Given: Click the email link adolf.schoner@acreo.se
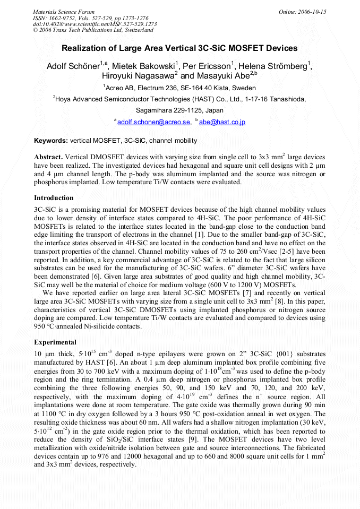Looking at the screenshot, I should [153, 122].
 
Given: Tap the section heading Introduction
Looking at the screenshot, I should [54, 197].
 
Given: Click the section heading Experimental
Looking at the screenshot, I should [55, 342].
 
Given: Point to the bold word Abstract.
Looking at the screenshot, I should [49, 157].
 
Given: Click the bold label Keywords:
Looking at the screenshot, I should [51, 141].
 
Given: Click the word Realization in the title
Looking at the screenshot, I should [84, 48].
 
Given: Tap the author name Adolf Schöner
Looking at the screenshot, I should [73, 66].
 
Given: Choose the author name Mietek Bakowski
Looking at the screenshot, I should [144, 66].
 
